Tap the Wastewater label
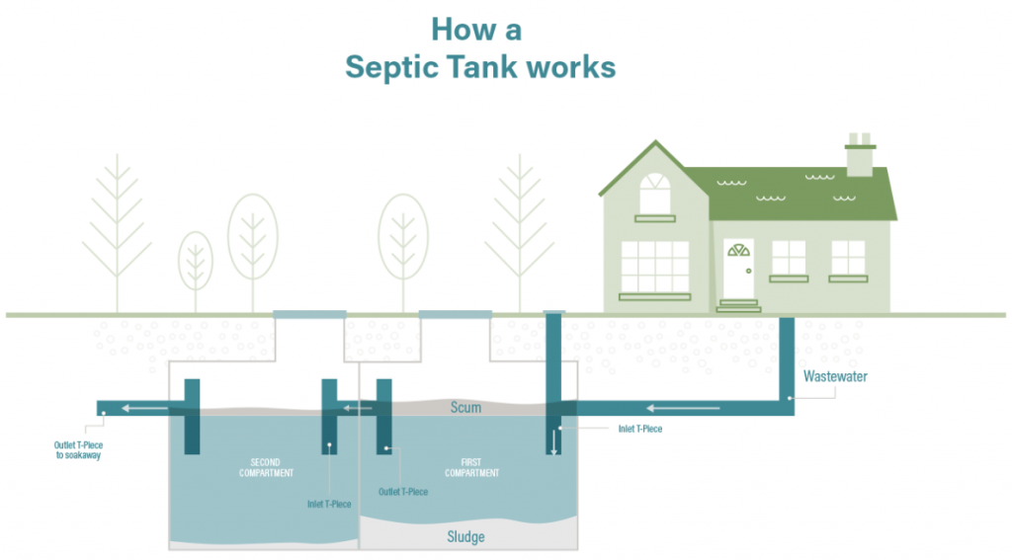tap(835, 376)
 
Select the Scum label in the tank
tap(465, 407)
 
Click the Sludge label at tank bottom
tap(466, 536)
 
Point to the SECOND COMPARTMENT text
tap(266, 467)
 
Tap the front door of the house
tap(738, 267)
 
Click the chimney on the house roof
tap(859, 155)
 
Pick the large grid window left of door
tap(654, 266)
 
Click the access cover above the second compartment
tap(309, 314)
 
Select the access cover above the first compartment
tap(455, 314)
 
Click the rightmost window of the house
tap(848, 258)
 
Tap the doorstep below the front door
tap(738, 305)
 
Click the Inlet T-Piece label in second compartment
tap(328, 504)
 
